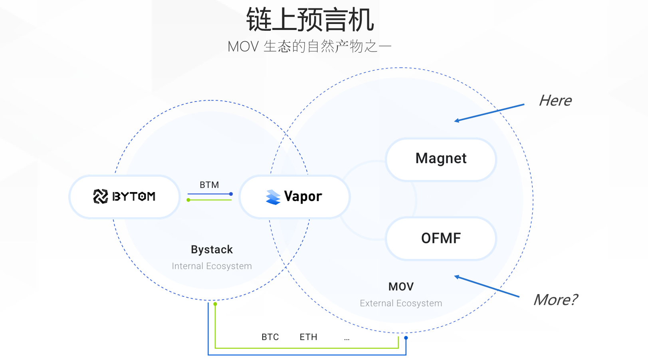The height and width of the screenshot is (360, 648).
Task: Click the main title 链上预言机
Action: tap(310, 20)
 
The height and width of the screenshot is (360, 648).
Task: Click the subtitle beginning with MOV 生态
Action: tap(309, 47)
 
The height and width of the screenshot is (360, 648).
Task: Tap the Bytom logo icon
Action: tap(100, 197)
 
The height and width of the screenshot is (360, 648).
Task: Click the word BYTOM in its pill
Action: tap(134, 197)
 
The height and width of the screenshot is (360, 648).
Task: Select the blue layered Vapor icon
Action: tap(273, 197)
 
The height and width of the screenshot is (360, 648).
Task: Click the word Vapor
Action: tap(303, 197)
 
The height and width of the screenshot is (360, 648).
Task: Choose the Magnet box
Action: tap(441, 159)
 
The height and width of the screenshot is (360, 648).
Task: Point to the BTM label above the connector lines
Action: tap(209, 185)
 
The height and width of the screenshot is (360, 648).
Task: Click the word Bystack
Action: tap(212, 249)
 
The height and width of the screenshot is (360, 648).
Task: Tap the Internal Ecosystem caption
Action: tap(212, 266)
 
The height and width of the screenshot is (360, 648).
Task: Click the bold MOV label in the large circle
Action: tap(401, 287)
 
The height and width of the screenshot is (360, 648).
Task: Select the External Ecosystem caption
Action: tap(401, 303)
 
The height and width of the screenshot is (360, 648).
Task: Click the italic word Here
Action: tap(555, 101)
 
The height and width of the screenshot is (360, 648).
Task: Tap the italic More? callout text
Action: tap(556, 300)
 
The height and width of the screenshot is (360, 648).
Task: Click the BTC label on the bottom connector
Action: tap(270, 337)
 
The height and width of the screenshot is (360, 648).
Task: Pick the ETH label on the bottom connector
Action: tap(308, 337)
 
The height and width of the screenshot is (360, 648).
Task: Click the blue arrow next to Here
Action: tap(489, 113)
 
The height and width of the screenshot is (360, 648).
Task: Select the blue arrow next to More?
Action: tap(487, 286)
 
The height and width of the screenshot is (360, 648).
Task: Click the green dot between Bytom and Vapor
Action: tap(188, 200)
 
